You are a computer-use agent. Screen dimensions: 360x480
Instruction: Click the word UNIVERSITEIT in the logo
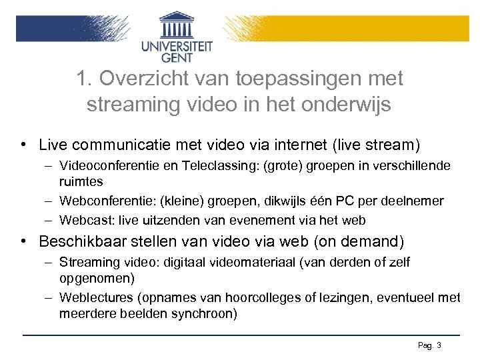[x=177, y=46]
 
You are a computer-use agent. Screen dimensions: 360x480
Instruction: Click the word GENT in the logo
[x=177, y=58]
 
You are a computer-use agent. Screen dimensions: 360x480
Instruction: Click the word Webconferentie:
[x=102, y=201]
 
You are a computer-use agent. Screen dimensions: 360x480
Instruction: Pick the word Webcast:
[x=82, y=220]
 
